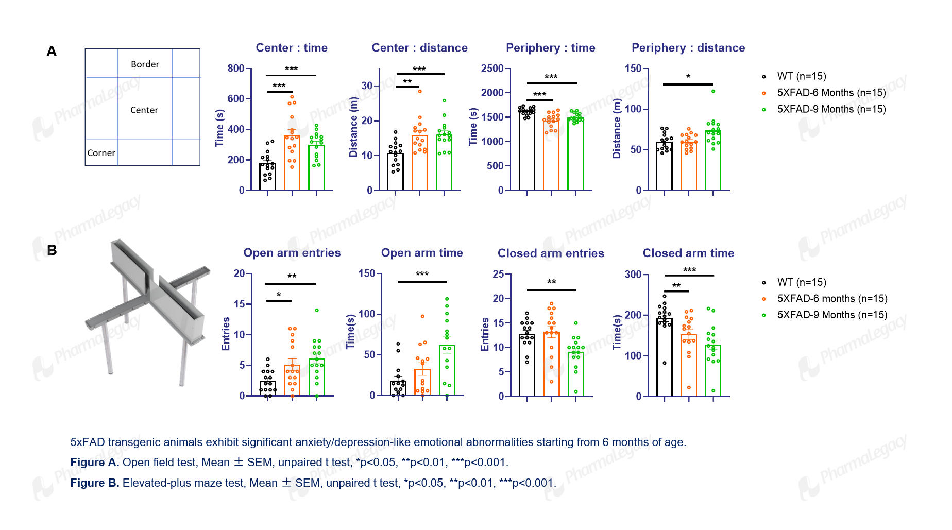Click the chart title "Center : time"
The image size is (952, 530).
point(292,48)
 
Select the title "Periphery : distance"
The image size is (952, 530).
point(688,48)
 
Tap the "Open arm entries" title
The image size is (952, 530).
point(292,253)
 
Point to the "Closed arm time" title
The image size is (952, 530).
point(688,253)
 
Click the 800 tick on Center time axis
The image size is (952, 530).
point(236,69)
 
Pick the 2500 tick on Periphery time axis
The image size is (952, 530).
point(492,69)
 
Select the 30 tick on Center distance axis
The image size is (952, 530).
point(367,86)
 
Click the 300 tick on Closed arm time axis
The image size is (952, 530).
point(633,275)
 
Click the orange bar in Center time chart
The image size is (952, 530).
point(292,163)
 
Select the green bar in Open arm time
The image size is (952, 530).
point(447,370)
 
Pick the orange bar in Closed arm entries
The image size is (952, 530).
point(551,364)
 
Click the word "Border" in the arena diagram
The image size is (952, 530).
point(145,64)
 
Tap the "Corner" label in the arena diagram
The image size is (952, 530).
point(101,153)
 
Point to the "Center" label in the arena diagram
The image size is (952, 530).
point(144,110)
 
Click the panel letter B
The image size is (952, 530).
point(52,250)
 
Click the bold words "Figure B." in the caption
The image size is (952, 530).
point(95,483)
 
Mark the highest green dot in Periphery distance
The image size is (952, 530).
point(713,91)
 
